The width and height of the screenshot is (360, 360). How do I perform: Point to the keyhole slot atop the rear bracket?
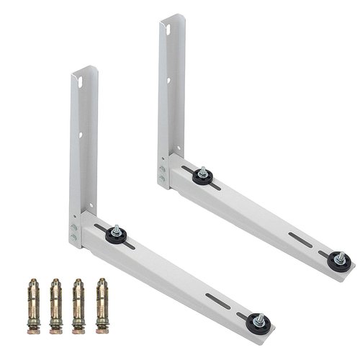(166, 30)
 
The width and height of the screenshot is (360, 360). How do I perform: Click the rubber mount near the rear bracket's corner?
(202, 176)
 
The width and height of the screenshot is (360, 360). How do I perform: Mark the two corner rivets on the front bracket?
(73, 231)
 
